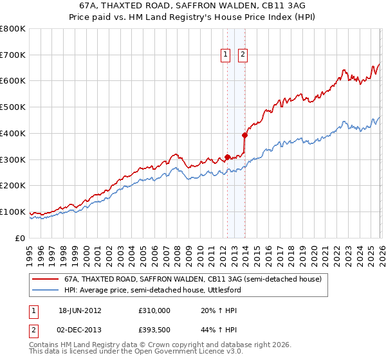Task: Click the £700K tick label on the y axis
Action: pos(13,55)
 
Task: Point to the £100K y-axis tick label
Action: pos(13,212)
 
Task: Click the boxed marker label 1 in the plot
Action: pos(226,55)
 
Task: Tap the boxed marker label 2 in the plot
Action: pos(243,55)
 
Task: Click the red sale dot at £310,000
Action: pos(228,157)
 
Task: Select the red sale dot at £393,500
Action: pos(244,135)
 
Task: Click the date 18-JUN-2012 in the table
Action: pos(80,310)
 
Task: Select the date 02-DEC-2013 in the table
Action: pos(80,330)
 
